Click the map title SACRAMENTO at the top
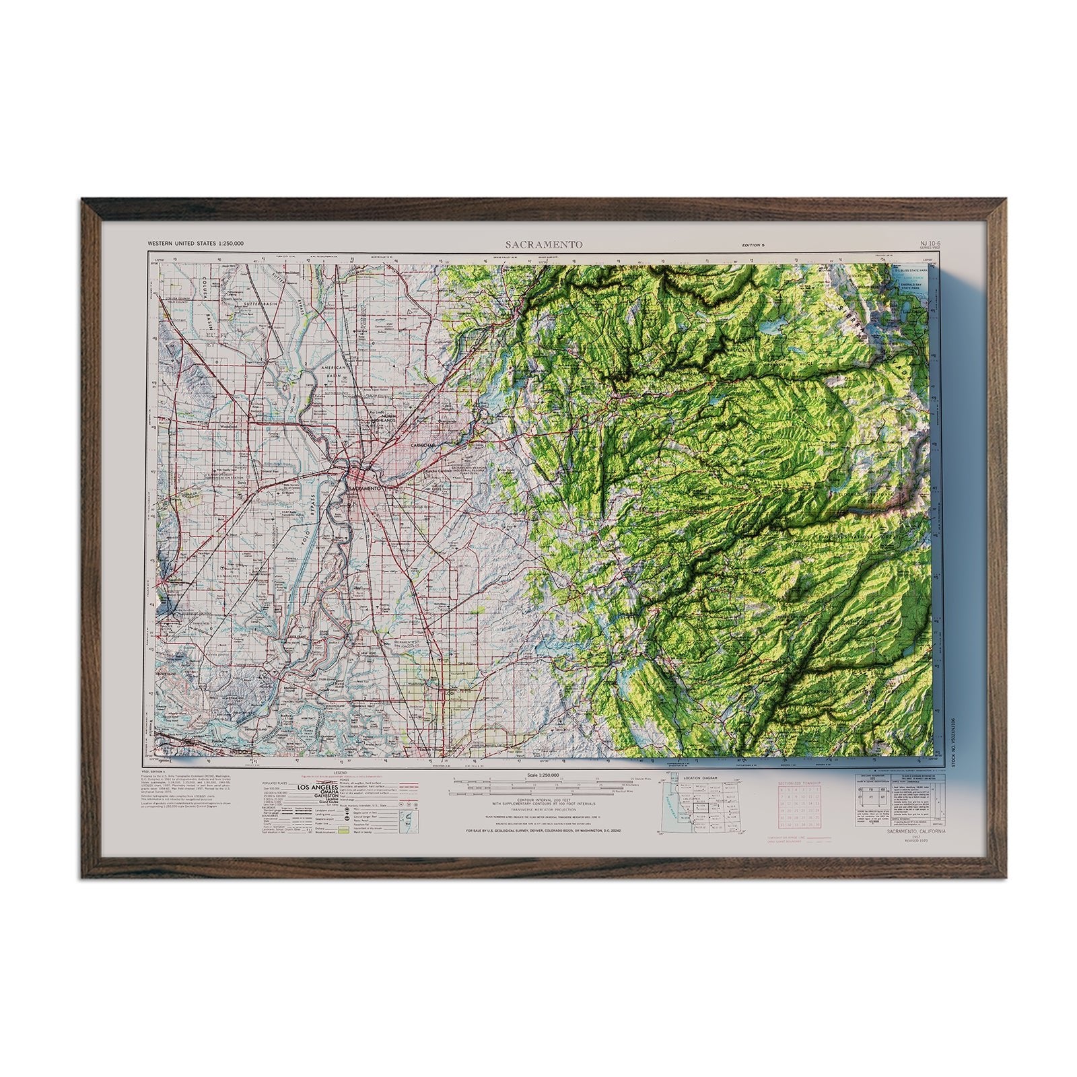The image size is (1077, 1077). [545, 244]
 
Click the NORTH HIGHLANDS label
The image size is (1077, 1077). [394, 419]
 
